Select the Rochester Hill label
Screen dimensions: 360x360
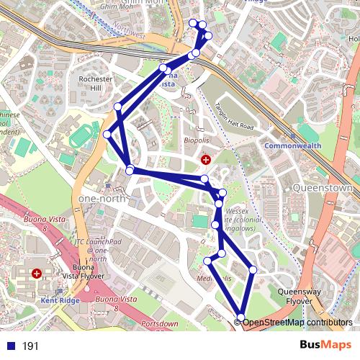click(96, 83)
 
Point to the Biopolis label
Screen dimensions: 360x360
click(196, 140)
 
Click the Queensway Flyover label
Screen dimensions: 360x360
click(274, 297)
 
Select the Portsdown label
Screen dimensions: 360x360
click(159, 324)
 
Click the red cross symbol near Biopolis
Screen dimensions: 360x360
click(206, 159)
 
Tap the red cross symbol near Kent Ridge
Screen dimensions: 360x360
click(37, 274)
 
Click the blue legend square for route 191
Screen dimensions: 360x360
click(9, 346)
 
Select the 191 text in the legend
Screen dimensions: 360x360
click(30, 346)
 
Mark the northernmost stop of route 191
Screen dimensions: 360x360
click(192, 23)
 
